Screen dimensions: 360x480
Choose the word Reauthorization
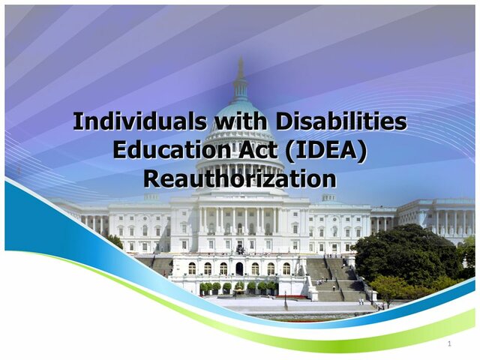[x=239, y=179]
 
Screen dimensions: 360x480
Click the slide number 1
[x=449, y=344]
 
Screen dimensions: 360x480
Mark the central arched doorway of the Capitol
[x=239, y=268]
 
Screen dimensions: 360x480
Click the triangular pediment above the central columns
[x=239, y=200]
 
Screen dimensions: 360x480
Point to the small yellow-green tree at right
[x=390, y=287]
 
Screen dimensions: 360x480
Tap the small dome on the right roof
[x=328, y=197]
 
